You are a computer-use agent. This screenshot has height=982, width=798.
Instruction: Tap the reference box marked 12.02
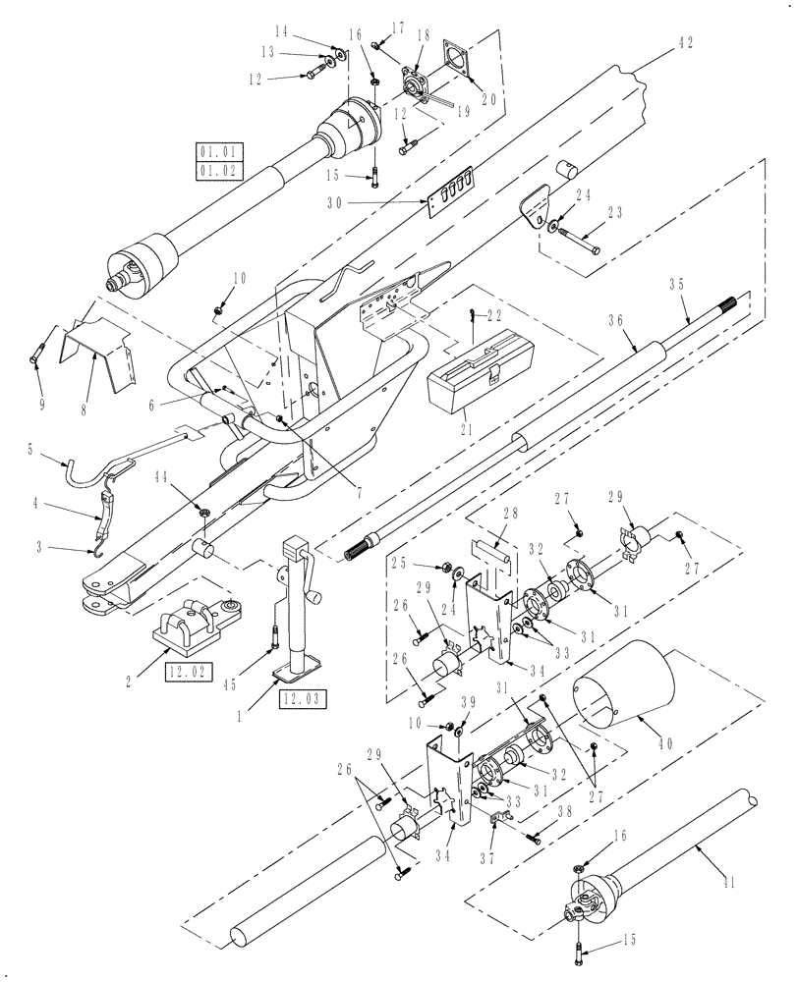coord(187,673)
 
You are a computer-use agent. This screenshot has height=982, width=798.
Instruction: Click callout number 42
coord(685,41)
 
